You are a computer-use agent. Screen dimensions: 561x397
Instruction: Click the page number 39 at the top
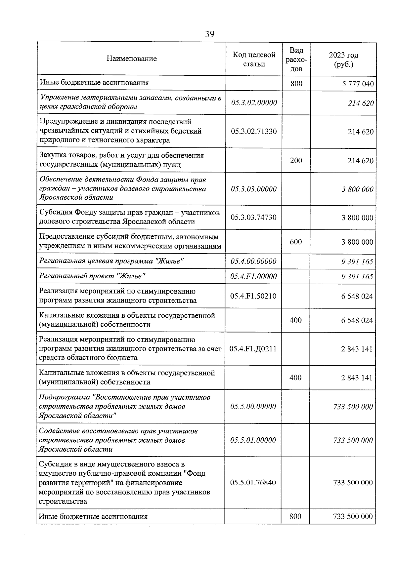click(209, 34)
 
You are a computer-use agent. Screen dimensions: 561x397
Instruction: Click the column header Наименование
click(132, 59)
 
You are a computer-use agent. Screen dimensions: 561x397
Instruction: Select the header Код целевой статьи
click(254, 59)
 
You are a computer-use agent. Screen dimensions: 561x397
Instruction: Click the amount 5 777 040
click(358, 84)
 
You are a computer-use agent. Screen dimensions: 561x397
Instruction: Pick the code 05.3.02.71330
click(254, 131)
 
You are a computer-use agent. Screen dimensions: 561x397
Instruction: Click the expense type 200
click(296, 160)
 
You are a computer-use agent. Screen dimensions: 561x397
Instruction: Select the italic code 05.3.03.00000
click(254, 189)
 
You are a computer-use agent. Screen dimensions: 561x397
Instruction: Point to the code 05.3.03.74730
click(254, 217)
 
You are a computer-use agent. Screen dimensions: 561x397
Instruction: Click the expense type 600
click(296, 242)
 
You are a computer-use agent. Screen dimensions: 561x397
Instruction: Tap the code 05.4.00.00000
click(253, 261)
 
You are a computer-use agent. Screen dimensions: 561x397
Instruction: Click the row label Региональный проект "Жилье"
click(93, 276)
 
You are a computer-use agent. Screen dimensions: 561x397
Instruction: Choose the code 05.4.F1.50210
click(253, 296)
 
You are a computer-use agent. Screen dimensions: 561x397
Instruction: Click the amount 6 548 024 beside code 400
click(357, 320)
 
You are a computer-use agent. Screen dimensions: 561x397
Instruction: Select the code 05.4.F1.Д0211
click(253, 349)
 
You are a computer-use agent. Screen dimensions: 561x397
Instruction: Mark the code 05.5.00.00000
click(253, 406)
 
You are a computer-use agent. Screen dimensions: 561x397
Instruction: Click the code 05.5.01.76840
click(253, 482)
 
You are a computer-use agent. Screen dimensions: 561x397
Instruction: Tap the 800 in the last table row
click(295, 516)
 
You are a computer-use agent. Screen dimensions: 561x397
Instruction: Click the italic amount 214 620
click(361, 103)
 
